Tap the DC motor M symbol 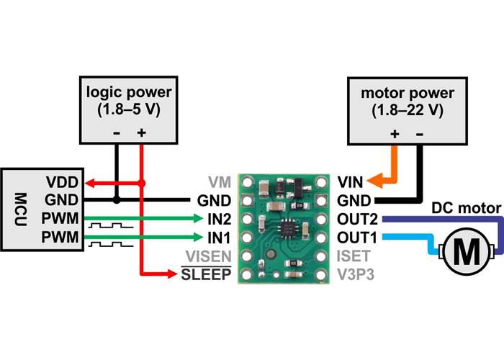point(469,251)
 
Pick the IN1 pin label point(219,237)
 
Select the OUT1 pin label point(357,237)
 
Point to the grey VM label point(220,181)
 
